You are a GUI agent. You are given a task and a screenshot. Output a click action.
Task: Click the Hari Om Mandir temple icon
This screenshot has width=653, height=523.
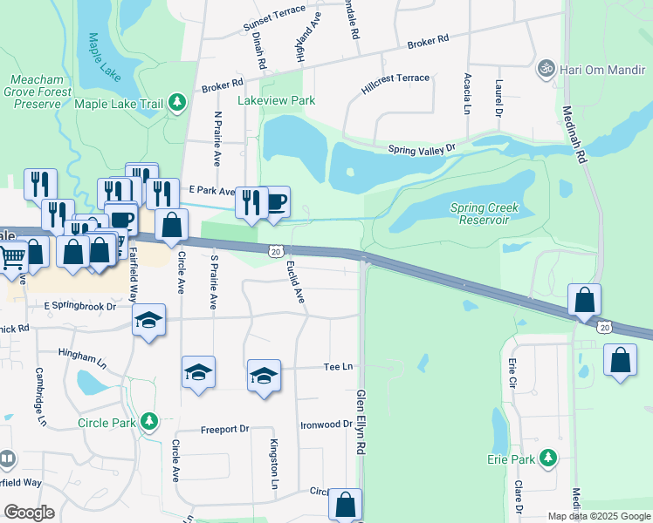point(547,67)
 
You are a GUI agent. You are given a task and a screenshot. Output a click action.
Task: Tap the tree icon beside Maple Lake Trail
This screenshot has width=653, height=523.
point(177,104)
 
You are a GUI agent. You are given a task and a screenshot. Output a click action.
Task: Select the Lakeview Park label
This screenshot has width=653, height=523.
point(277,101)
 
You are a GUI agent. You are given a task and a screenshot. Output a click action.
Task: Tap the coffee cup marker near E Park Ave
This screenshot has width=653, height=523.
point(276,202)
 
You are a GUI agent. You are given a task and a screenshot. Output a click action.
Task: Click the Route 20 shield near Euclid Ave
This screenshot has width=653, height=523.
point(275,251)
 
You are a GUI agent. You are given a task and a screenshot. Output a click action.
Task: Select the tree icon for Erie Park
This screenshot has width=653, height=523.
point(547,458)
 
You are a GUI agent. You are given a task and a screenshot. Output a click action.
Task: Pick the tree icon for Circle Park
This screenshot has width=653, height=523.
point(148,423)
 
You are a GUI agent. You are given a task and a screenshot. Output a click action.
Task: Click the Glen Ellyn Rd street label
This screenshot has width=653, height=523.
point(360,422)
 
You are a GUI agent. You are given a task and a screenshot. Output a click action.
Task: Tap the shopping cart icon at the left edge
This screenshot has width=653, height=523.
point(11,257)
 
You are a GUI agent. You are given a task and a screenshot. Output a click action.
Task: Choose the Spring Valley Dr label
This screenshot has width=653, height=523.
point(423,150)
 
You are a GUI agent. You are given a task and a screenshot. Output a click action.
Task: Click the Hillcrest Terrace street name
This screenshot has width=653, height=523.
point(395,83)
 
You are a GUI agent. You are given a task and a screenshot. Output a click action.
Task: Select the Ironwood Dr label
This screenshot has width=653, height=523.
point(326,425)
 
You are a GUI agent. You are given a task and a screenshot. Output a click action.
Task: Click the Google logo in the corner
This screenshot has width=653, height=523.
point(29,513)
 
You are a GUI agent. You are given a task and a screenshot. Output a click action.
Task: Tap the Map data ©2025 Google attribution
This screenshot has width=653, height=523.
point(598,516)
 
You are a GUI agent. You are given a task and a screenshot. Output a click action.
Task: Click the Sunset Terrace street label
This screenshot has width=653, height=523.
point(274,22)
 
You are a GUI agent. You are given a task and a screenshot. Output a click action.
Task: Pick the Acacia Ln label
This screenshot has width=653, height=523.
point(467,94)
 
